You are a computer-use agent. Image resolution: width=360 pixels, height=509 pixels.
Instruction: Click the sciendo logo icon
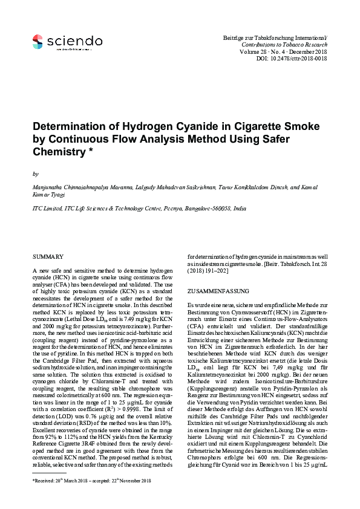38,41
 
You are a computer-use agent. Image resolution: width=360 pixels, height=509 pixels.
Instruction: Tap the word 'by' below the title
34,173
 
